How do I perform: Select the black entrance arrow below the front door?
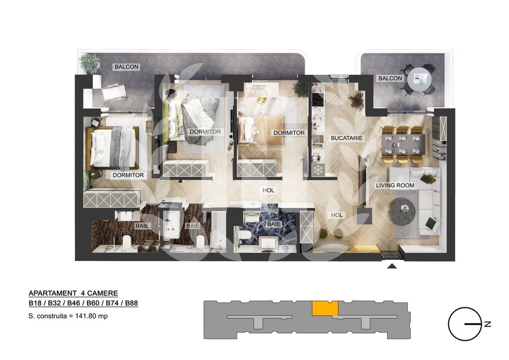tap(391, 266)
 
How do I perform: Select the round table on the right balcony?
tap(421, 79)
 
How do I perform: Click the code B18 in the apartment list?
tap(35, 304)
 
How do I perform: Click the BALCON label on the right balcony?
tap(390, 78)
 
